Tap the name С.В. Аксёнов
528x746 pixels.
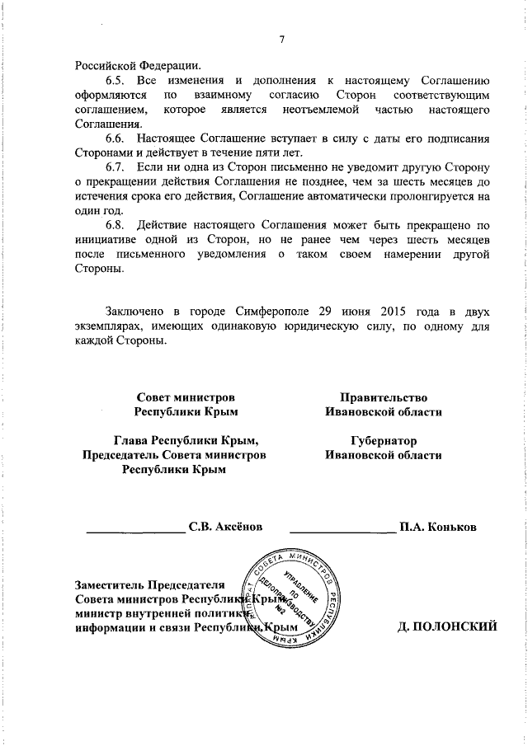tap(225, 526)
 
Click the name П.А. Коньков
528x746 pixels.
tap(436, 526)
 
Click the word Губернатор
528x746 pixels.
tap(383, 440)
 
